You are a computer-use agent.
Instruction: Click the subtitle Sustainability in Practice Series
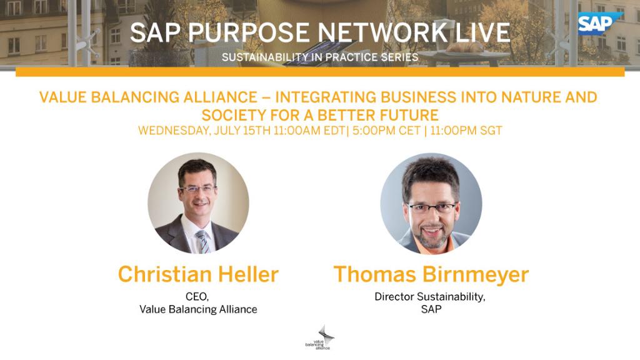coord(319,57)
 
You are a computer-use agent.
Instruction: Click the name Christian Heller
coord(198,274)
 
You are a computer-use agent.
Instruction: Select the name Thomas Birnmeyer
coord(431,274)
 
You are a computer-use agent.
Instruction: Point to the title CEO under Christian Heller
coord(197,297)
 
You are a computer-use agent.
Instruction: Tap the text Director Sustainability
coord(429,297)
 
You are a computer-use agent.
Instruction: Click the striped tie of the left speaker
coord(202,241)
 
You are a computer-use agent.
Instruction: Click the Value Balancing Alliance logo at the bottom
coord(319,337)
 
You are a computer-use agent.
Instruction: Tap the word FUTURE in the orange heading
coord(409,115)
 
